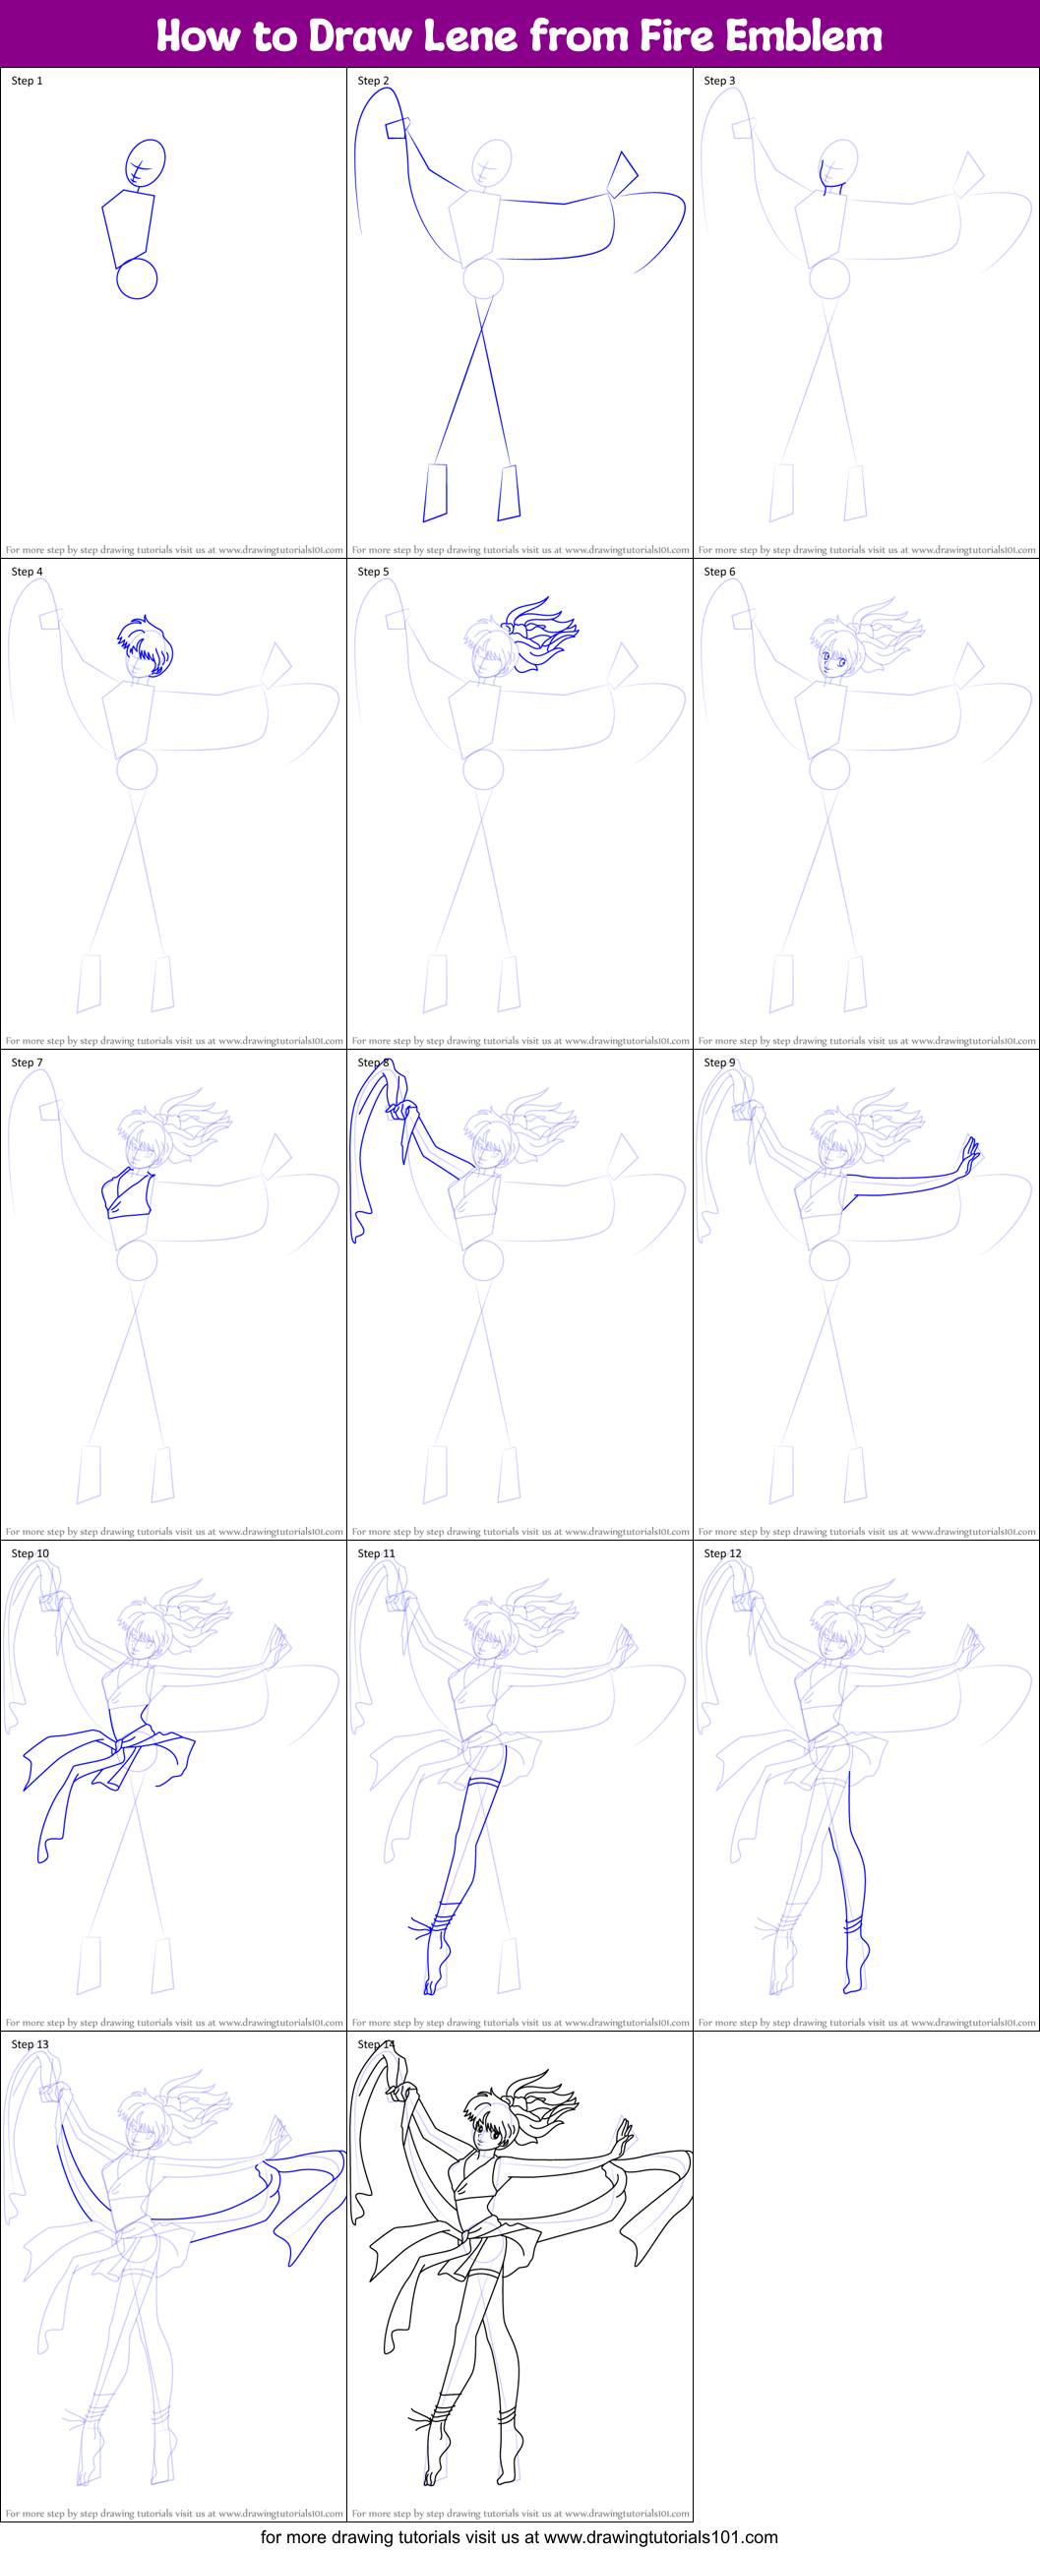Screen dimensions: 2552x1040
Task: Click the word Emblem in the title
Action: coord(803,36)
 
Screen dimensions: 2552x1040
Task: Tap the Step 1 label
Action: coord(27,82)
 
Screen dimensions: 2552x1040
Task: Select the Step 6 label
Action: coord(719,572)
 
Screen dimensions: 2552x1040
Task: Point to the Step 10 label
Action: coord(30,1553)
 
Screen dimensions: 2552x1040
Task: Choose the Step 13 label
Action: coord(30,2043)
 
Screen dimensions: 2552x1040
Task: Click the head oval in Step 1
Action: coord(146,161)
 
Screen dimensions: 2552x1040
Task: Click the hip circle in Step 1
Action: coord(137,278)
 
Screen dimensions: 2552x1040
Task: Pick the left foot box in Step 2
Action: coord(435,491)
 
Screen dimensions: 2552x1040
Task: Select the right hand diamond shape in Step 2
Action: coord(622,174)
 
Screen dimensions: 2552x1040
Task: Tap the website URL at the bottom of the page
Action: coord(660,2537)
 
